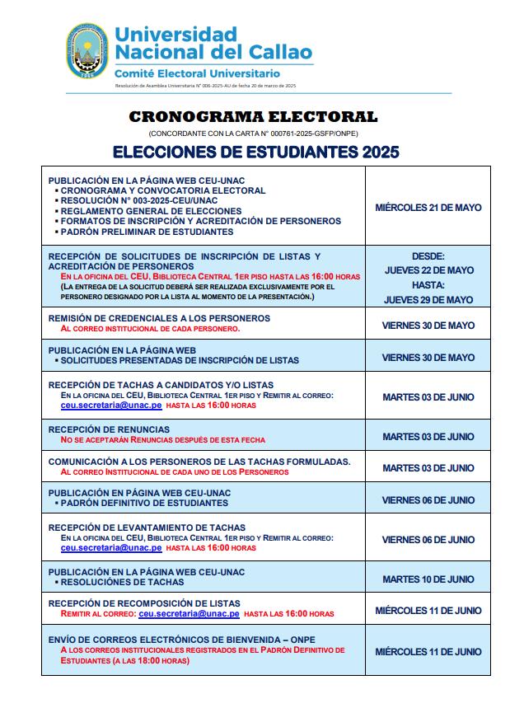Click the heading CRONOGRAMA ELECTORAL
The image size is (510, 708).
coord(253,117)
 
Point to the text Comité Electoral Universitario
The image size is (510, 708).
coord(197,74)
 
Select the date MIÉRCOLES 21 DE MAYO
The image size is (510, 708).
coord(428,208)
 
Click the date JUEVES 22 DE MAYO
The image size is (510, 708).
coord(428,270)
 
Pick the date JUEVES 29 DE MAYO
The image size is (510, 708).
coord(428,300)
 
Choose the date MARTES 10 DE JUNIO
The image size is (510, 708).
coord(428,579)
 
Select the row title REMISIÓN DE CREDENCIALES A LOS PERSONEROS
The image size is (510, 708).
coord(159,318)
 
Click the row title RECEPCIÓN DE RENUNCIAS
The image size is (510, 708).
coord(109,429)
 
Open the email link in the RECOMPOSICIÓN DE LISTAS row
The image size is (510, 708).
coord(189,614)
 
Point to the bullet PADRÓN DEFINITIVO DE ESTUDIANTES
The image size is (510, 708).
coord(147,503)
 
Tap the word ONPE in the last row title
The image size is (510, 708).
coord(301,640)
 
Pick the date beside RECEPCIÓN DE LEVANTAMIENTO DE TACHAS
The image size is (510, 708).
coord(428,540)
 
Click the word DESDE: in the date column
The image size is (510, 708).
coord(428,256)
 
